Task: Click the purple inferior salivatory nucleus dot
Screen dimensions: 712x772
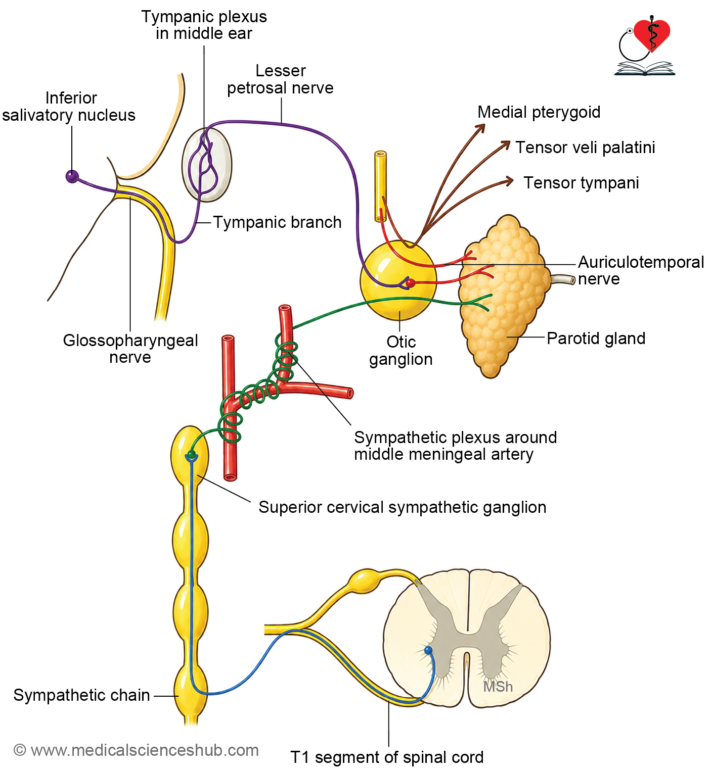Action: point(72,177)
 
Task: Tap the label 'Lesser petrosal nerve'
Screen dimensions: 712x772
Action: point(280,79)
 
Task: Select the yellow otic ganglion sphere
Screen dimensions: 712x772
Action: point(398,280)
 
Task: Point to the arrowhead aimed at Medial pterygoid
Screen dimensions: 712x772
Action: point(481,128)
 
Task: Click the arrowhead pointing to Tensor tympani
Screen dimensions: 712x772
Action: point(509,181)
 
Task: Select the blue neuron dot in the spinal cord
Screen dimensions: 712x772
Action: point(428,650)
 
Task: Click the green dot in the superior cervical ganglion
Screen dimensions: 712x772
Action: point(191,455)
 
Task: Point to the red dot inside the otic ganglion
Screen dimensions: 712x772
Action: point(411,283)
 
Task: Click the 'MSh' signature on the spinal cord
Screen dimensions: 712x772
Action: point(498,687)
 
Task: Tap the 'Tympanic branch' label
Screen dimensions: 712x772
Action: point(278,222)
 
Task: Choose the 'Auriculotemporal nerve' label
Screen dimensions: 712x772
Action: point(641,270)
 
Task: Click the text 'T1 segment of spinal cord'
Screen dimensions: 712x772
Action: point(387,757)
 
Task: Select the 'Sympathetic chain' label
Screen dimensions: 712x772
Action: point(82,695)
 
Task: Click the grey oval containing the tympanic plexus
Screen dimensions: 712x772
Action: point(207,165)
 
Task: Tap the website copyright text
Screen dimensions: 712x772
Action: point(136,750)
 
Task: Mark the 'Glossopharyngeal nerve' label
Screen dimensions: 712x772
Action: point(130,349)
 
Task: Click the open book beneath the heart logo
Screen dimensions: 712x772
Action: point(644,69)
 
